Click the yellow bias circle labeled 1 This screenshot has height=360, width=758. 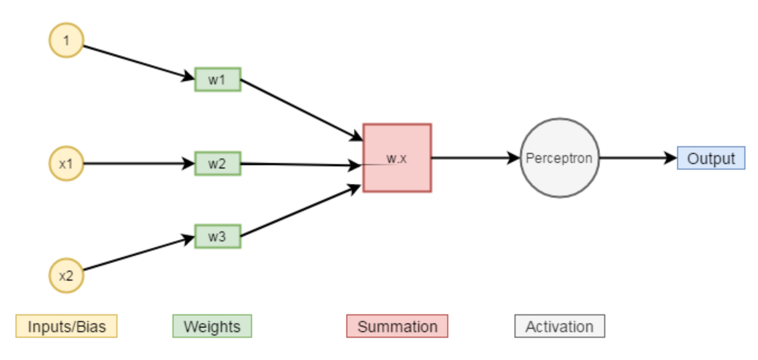tap(66, 40)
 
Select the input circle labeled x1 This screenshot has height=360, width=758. tap(66, 164)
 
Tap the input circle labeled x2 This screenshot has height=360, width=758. tap(66, 275)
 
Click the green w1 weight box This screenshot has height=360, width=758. tap(218, 80)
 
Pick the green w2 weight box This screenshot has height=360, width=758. tap(218, 164)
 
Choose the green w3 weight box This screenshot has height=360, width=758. tap(218, 236)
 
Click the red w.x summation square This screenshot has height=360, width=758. tap(397, 158)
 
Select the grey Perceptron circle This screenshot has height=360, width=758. tap(559, 158)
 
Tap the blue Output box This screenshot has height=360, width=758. tap(711, 158)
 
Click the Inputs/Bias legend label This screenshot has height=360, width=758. tap(66, 326)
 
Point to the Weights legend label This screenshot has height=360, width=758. tap(212, 326)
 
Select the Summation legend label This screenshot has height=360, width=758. tap(397, 326)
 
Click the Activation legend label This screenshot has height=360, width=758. tap(559, 326)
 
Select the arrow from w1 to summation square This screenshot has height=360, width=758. tap(301, 109)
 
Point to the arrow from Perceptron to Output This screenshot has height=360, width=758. tap(637, 158)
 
